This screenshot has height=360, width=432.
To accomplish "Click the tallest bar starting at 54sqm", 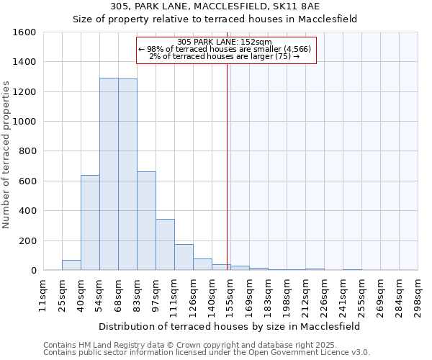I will (109, 174).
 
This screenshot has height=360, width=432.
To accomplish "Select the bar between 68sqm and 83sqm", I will (127, 175).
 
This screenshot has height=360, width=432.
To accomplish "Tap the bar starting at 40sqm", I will (90, 222).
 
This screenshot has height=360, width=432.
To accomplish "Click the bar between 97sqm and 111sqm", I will (165, 245).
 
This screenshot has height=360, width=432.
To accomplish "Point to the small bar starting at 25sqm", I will (71, 265).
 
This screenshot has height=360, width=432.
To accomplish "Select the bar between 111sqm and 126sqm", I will (184, 257).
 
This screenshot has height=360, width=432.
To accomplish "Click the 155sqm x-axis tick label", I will (229, 295).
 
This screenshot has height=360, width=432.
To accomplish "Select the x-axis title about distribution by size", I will (229, 326).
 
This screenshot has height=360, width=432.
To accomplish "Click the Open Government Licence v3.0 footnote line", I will (207, 352).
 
